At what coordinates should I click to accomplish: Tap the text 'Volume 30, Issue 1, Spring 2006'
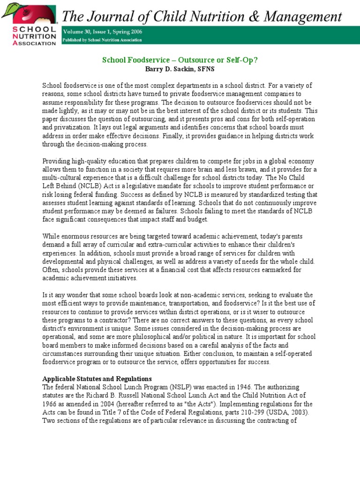tap(103, 32)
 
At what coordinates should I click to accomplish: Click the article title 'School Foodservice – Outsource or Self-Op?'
tap(180, 60)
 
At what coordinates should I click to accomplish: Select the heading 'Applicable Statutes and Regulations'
tap(97, 378)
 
